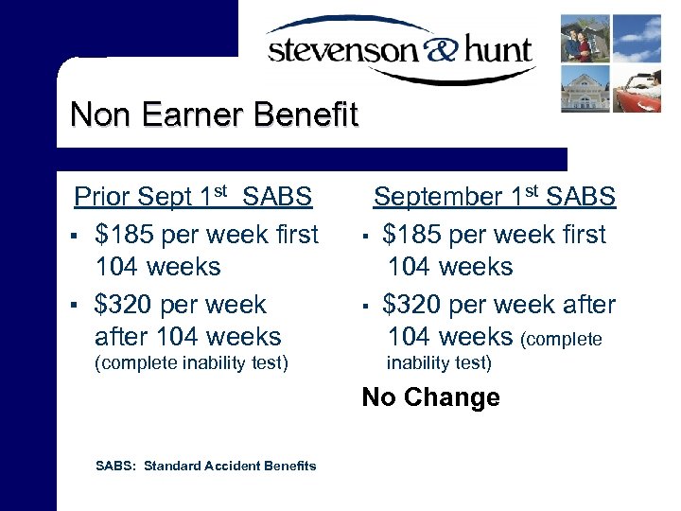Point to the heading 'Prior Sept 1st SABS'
point(193,197)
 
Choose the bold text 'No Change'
point(430,397)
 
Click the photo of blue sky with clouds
point(637,38)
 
